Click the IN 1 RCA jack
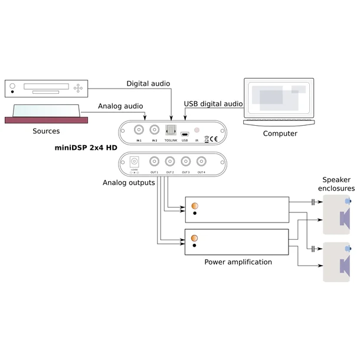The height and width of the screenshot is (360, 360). pos(140,130)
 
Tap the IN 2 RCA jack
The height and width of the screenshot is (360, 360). pos(155,130)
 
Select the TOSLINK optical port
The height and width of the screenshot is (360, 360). pos(170,130)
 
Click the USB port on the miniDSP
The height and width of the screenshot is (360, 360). pos(184,133)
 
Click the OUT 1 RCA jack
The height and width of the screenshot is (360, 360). pos(155,161)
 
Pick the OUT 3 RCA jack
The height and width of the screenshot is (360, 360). pos(186,161)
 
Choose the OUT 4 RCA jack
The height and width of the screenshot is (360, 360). pos(201,161)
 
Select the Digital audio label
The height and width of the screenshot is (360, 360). pos(148,84)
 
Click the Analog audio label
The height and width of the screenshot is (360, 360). pos(121,106)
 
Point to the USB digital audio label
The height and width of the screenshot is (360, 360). pos(213,104)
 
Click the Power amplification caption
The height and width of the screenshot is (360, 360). pos(238,261)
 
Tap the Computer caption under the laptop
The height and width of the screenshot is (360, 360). pos(279,133)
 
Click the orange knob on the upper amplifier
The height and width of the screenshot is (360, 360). pos(195,206)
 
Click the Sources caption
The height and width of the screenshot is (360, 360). pos(45,130)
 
